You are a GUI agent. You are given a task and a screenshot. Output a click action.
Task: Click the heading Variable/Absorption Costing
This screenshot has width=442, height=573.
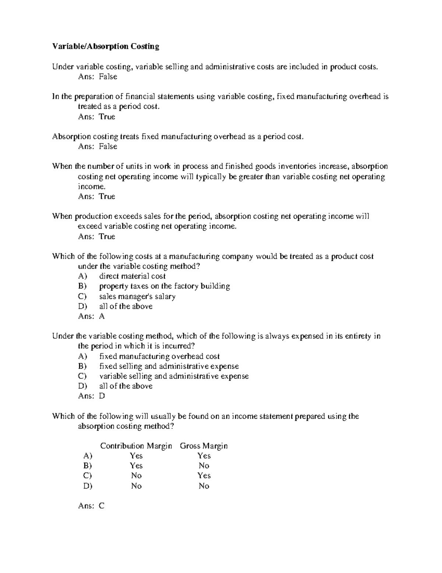pos(106,46)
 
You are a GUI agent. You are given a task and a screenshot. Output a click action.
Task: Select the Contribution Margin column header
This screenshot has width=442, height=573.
pos(136,446)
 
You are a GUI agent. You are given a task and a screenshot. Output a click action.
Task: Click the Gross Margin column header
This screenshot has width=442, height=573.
pos(204,446)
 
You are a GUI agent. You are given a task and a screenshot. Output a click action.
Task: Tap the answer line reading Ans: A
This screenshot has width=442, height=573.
pos(91,316)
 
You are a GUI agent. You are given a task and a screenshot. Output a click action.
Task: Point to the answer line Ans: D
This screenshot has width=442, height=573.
pos(91,396)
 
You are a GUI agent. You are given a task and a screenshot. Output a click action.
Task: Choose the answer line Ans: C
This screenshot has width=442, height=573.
pos(91,506)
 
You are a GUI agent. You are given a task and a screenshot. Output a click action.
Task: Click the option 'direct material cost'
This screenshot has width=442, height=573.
pos(132,276)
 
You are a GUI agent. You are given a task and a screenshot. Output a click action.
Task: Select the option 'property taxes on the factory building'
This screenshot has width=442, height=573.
pos(164,286)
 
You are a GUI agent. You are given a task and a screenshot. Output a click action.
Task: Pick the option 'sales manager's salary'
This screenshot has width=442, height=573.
pos(137,296)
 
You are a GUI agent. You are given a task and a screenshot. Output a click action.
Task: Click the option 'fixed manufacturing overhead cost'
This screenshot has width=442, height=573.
pos(159,356)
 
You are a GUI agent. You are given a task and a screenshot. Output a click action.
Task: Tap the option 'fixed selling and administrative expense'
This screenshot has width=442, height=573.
pos(169,366)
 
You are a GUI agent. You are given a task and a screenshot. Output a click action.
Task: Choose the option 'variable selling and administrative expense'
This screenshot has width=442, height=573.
pos(174,376)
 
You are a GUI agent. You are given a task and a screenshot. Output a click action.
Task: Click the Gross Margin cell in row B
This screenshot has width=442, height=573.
pos(204,466)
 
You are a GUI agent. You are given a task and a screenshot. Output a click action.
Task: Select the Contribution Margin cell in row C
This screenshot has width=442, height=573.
pos(136,476)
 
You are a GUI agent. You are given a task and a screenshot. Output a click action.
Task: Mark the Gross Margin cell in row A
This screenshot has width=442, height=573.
pos(204,456)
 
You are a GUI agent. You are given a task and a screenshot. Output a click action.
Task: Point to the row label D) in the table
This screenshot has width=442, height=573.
pos(88,486)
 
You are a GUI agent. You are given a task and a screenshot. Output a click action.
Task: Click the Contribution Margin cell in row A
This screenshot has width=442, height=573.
pos(136,456)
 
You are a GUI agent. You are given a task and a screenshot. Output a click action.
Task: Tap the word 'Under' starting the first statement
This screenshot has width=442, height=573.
pos(63,67)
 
